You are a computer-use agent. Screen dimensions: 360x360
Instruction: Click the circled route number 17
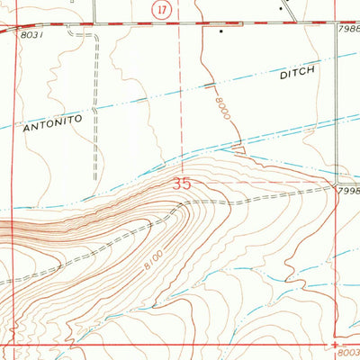click(x=160, y=9)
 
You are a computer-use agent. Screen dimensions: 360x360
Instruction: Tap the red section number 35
click(x=182, y=183)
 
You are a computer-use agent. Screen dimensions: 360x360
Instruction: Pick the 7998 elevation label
click(x=348, y=192)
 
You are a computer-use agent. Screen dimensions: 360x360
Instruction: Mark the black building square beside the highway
click(x=221, y=31)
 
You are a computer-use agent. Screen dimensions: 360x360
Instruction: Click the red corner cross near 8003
click(x=333, y=344)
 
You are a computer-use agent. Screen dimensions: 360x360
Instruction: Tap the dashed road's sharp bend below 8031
click(x=94, y=37)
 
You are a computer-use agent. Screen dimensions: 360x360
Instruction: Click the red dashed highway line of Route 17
click(x=108, y=24)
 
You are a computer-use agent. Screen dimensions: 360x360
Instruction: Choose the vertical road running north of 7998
click(x=335, y=108)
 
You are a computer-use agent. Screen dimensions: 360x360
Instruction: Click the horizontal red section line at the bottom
click(x=180, y=344)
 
